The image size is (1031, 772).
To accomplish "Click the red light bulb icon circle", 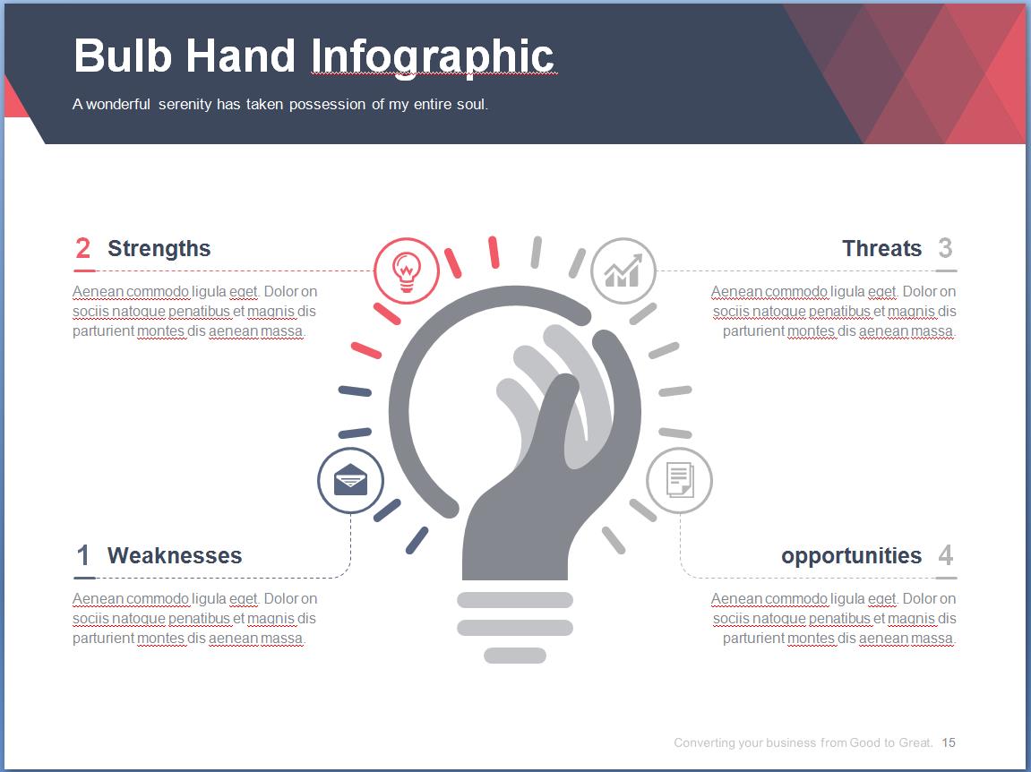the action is coord(407,271).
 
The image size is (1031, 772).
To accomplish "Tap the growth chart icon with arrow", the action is coord(623,271).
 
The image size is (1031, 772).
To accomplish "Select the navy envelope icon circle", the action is coord(350,481).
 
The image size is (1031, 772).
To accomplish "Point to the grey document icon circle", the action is coord(679,481).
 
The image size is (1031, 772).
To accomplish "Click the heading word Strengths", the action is coord(159,249).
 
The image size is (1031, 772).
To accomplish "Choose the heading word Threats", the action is coord(881,249).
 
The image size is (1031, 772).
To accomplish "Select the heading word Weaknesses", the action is coord(175,555).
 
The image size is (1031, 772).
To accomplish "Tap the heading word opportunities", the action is coord(851,556).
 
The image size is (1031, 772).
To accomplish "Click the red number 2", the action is coord(82,249).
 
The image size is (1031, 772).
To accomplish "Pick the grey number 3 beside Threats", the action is coord(946,249).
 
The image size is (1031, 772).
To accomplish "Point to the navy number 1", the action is coord(82,555).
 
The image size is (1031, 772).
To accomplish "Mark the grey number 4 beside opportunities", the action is coord(946,555).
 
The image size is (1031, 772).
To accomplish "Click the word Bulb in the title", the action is coord(123,56).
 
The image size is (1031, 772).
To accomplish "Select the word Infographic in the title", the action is coord(433,58).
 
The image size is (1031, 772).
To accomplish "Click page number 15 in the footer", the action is coord(949,742).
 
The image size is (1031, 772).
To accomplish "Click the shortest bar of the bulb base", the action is coord(515,656).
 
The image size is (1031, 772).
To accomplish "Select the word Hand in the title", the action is coord(241,56).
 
